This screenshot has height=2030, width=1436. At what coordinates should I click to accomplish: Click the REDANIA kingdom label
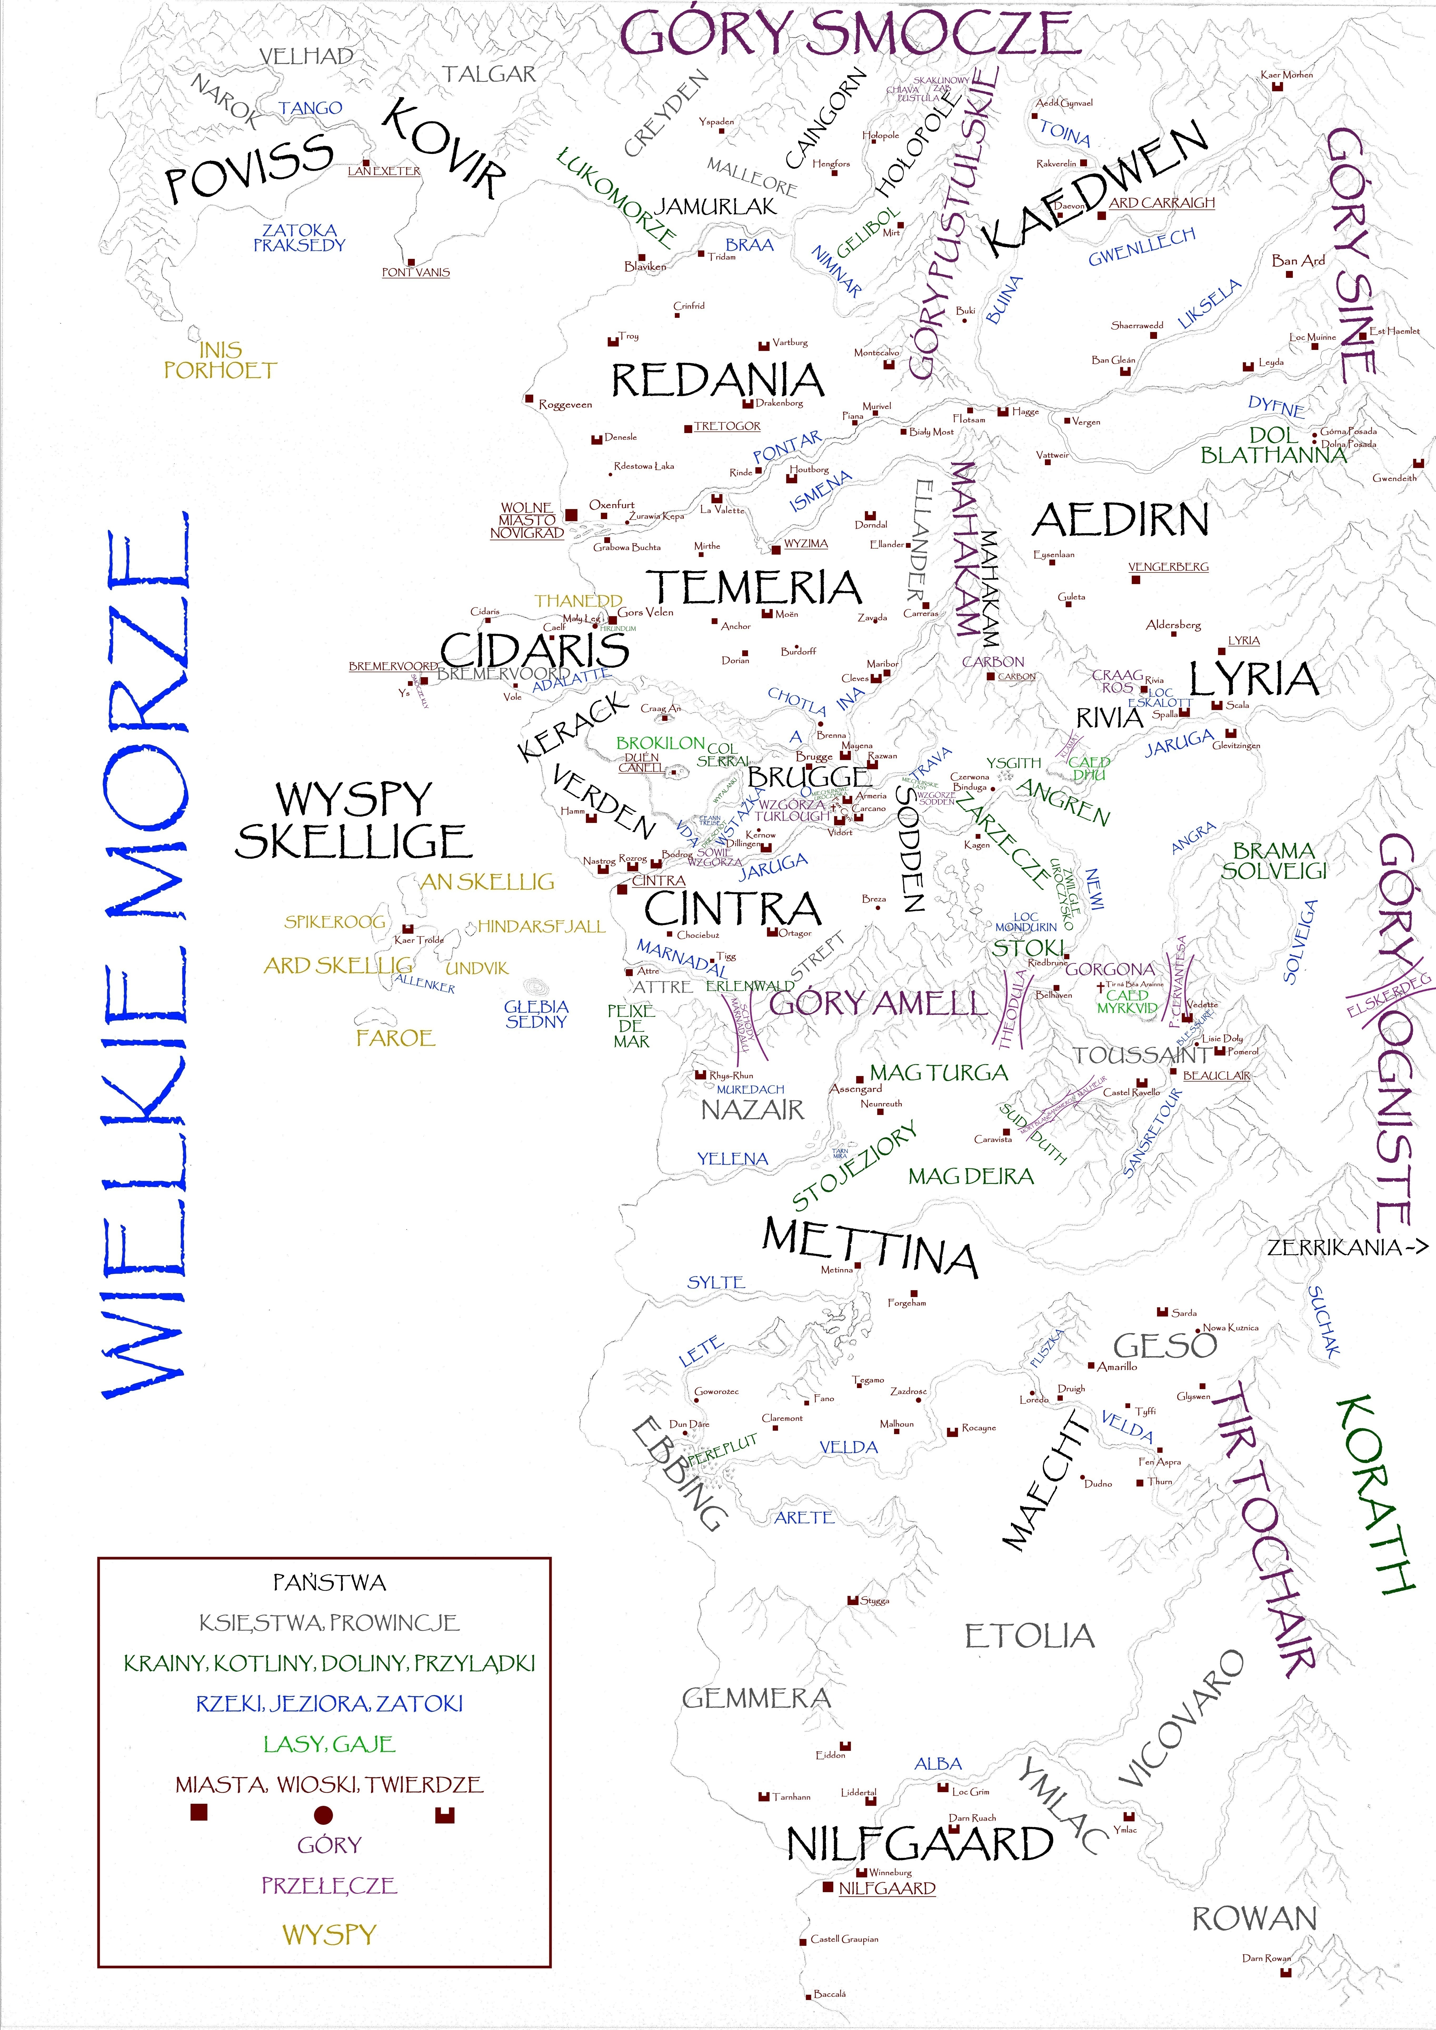pyautogui.click(x=717, y=380)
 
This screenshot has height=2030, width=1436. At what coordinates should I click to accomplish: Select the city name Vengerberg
pyautogui.click(x=1168, y=567)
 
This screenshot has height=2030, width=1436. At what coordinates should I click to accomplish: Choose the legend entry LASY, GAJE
pyautogui.click(x=329, y=1745)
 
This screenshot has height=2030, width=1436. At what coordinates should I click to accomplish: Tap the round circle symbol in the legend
pyautogui.click(x=324, y=1815)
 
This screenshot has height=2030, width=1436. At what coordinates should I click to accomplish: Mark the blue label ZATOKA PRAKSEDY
pyautogui.click(x=299, y=238)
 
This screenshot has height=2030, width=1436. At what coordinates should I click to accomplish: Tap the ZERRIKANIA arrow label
pyautogui.click(x=1347, y=1248)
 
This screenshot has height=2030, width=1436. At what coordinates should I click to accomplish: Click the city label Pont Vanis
pyautogui.click(x=416, y=272)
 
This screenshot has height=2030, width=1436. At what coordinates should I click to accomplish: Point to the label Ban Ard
pyautogui.click(x=1298, y=261)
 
